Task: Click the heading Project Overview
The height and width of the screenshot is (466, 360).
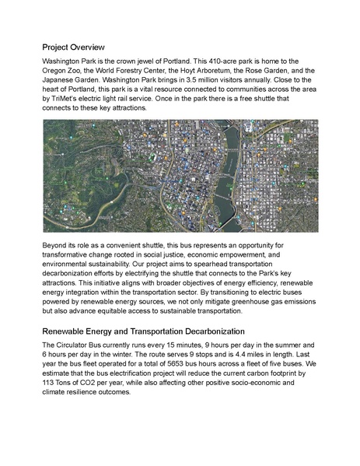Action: [x=79, y=47]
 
